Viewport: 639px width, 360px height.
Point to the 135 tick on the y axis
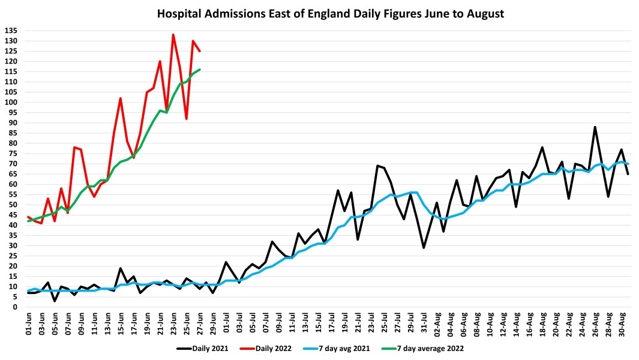[12, 31]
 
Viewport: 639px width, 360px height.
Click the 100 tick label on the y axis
[12, 102]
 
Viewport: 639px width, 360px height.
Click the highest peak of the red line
[173, 35]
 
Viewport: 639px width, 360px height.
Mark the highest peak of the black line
[595, 127]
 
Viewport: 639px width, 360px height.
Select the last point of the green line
[200, 70]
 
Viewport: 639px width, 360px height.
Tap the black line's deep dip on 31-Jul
[424, 247]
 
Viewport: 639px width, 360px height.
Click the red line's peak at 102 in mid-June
[121, 98]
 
